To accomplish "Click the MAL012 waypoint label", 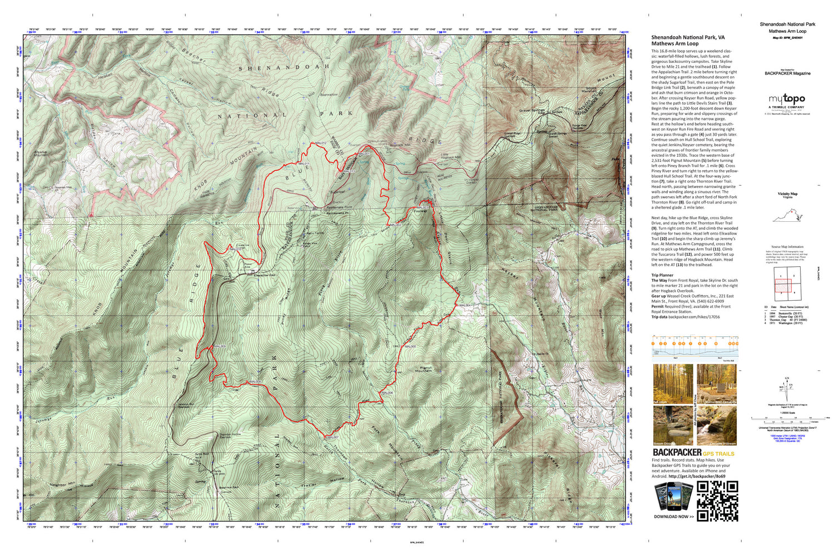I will [x=320, y=143].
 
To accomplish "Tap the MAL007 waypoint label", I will [x=332, y=438].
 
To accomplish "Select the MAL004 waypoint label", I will [x=464, y=306].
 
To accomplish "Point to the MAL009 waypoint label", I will [x=220, y=346].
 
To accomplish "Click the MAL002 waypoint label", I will [x=395, y=225].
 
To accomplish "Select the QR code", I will [x=718, y=501].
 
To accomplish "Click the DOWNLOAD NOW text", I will [x=673, y=517].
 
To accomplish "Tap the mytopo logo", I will [x=787, y=100].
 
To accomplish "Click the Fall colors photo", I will [x=673, y=384].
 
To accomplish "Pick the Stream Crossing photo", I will [x=673, y=425].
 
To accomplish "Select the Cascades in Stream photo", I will [x=717, y=425].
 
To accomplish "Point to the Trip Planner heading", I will [x=662, y=275].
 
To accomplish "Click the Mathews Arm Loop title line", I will [x=674, y=43].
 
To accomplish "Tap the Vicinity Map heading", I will [x=787, y=193].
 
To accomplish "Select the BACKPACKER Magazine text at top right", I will [x=787, y=73].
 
